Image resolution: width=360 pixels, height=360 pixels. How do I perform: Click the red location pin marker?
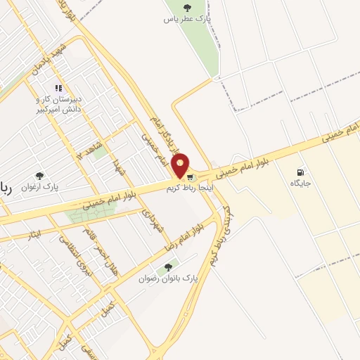pos(181,166)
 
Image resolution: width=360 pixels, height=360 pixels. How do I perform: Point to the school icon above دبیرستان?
pos(59,89)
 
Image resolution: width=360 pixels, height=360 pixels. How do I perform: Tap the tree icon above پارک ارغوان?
pos(39,176)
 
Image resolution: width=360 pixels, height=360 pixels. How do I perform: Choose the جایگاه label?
pos(301,184)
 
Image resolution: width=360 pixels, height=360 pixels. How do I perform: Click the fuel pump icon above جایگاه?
pos(301,172)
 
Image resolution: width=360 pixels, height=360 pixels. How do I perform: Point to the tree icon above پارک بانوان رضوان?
pos(167,267)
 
